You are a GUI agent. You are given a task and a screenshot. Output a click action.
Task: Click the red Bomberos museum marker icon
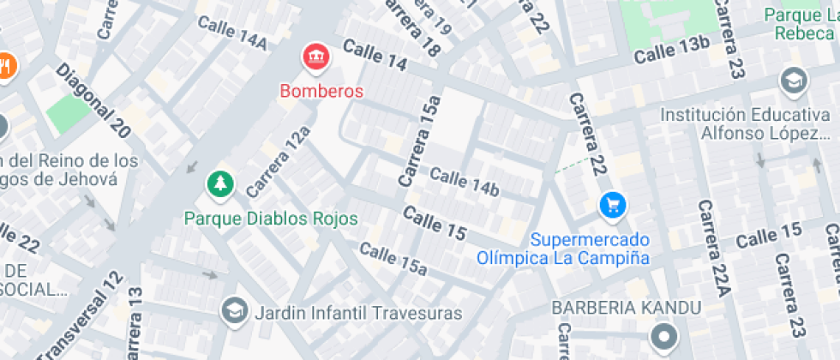[x=316, y=58]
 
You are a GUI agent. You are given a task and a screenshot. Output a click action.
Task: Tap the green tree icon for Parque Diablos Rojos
[x=221, y=183]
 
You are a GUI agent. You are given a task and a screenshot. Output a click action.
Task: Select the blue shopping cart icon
[x=613, y=204]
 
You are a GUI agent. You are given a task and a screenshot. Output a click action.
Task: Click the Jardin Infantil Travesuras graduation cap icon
[x=232, y=311]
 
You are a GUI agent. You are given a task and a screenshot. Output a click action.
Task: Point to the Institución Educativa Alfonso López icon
[x=794, y=81]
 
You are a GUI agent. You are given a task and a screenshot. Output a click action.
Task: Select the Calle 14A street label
[x=232, y=32]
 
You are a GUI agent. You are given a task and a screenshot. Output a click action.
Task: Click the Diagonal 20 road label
[x=94, y=101]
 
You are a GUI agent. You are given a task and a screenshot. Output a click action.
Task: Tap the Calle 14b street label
[x=464, y=182]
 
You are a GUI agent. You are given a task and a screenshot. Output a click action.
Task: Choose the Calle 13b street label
[x=672, y=50]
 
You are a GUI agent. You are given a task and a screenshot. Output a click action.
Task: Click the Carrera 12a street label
[x=278, y=160]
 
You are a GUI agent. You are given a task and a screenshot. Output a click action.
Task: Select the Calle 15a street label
[x=393, y=259]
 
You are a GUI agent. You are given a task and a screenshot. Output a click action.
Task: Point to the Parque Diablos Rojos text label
[x=271, y=219]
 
